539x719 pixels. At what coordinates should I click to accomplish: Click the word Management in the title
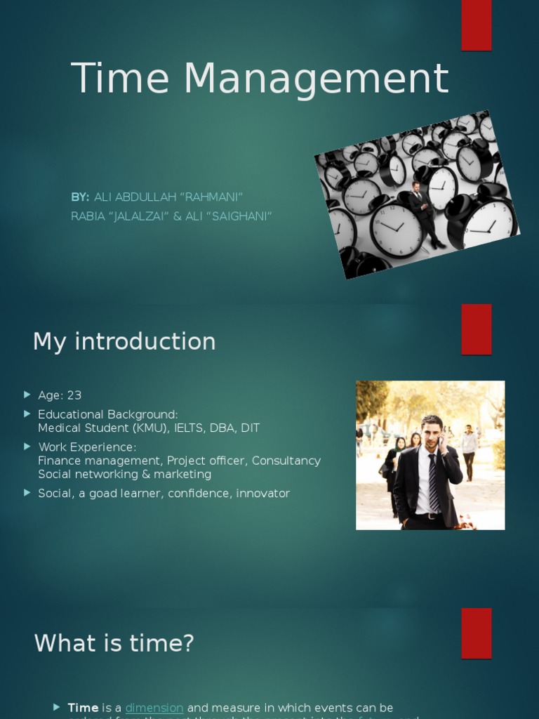tap(316, 79)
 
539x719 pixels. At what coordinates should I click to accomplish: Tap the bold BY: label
tap(80, 198)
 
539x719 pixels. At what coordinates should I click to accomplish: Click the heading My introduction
tap(124, 341)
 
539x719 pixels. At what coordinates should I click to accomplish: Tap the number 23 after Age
tap(74, 395)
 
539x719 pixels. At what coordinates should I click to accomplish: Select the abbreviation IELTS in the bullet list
tap(189, 428)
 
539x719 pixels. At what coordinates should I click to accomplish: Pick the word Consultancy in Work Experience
tap(286, 461)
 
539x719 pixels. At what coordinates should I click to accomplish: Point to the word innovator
tap(263, 494)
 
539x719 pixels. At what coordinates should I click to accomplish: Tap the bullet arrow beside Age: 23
tap(27, 395)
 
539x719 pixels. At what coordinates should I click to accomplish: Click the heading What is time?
tap(114, 643)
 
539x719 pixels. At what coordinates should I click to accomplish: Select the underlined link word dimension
tap(154, 708)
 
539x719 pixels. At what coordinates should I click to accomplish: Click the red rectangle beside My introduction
tap(477, 329)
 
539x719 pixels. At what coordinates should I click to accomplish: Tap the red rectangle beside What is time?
tap(477, 633)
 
